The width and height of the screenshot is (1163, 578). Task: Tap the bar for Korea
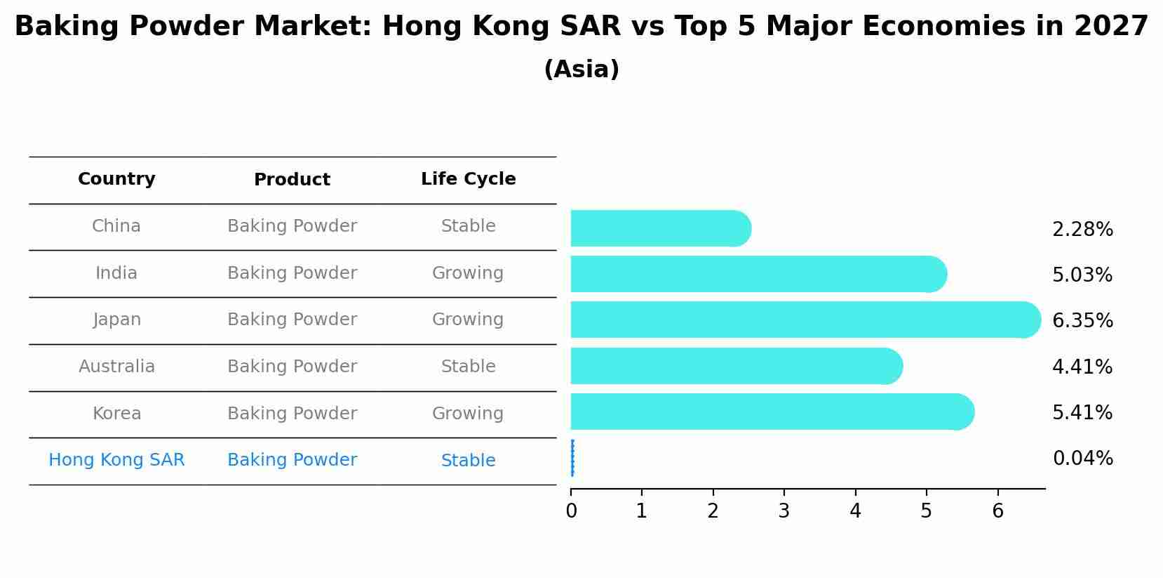(772, 412)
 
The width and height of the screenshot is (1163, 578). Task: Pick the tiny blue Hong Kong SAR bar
(572, 458)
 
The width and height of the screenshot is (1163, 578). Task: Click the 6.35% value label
(1082, 321)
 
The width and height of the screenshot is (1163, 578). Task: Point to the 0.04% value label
(1082, 459)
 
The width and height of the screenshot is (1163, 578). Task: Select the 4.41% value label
(1082, 367)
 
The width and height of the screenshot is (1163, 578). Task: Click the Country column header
(116, 179)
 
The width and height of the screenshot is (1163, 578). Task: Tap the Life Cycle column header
(468, 179)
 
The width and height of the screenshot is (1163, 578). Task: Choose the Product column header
(292, 180)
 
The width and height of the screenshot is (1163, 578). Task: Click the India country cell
(116, 273)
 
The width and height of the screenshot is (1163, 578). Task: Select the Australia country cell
(116, 367)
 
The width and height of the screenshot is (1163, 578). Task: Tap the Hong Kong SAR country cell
(116, 460)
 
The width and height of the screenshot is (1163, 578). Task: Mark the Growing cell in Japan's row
(468, 320)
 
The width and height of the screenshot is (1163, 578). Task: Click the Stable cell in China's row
(468, 226)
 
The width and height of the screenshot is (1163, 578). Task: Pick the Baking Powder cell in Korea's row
(292, 414)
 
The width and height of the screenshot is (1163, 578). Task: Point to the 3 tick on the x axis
(784, 511)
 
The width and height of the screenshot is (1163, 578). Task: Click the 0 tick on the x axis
(571, 511)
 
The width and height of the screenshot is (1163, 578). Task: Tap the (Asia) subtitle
(581, 70)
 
